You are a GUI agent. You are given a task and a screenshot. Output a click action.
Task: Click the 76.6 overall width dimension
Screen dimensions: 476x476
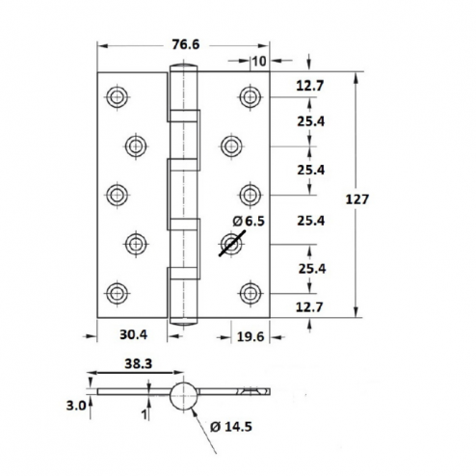[x=186, y=44]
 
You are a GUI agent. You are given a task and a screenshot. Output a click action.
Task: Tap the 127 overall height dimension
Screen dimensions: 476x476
[x=357, y=199]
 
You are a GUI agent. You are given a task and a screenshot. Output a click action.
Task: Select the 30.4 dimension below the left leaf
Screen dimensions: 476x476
[x=133, y=334]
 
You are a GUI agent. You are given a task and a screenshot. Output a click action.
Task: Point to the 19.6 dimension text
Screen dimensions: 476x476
[x=251, y=337]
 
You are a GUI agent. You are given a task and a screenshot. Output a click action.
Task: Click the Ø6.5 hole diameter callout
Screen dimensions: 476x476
[x=249, y=221]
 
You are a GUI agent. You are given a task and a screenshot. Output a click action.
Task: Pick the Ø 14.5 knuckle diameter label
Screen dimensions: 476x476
[x=231, y=427]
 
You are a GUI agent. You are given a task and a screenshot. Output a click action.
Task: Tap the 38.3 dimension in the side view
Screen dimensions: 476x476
[x=138, y=364]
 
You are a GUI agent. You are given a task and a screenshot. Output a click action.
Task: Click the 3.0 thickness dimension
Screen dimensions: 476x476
[x=76, y=406]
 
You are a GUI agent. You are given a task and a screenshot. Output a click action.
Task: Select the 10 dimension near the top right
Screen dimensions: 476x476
[x=259, y=61]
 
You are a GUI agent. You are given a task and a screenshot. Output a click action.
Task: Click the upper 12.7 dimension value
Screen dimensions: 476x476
[x=310, y=86]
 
